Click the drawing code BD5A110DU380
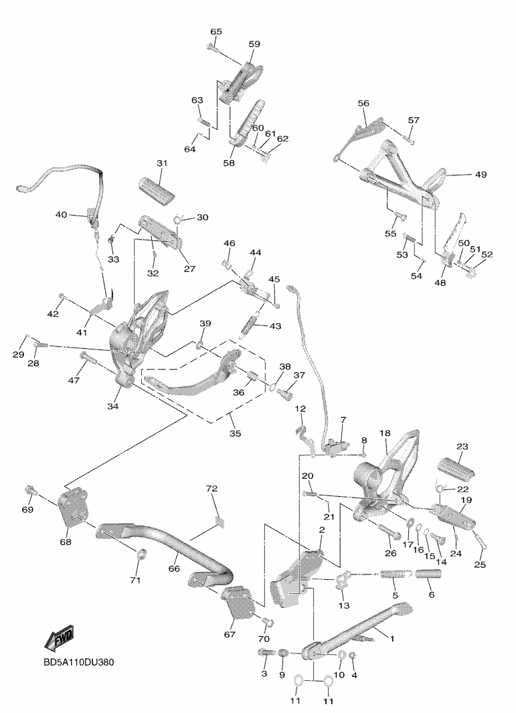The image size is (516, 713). [79, 662]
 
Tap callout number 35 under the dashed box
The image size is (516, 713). [235, 433]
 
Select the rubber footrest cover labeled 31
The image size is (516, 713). [157, 189]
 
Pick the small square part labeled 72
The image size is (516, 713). [220, 522]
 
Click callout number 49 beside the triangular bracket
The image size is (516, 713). [481, 174]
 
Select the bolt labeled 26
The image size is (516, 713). [389, 530]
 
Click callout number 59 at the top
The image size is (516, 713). [254, 44]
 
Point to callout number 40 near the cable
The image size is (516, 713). [61, 215]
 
